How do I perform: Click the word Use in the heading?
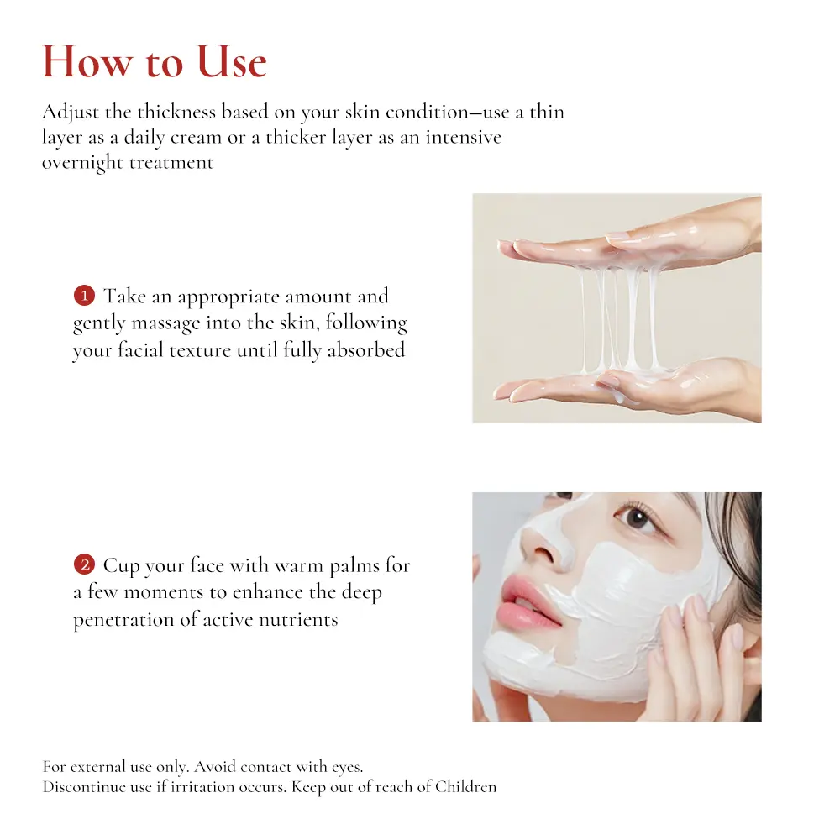pyautogui.click(x=232, y=61)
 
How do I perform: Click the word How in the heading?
pyautogui.click(x=87, y=61)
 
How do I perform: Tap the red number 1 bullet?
pyautogui.click(x=84, y=295)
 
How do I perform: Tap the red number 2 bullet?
pyautogui.click(x=84, y=564)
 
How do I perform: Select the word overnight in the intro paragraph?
pyautogui.click(x=82, y=162)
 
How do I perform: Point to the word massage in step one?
pyautogui.click(x=165, y=324)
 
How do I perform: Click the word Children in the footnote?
pyautogui.click(x=465, y=786)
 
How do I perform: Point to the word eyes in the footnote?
pyautogui.click(x=347, y=768)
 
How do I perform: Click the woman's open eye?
pyautogui.click(x=636, y=517)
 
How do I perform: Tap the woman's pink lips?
pyautogui.click(x=528, y=600)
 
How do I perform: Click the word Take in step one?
pyautogui.click(x=125, y=296)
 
